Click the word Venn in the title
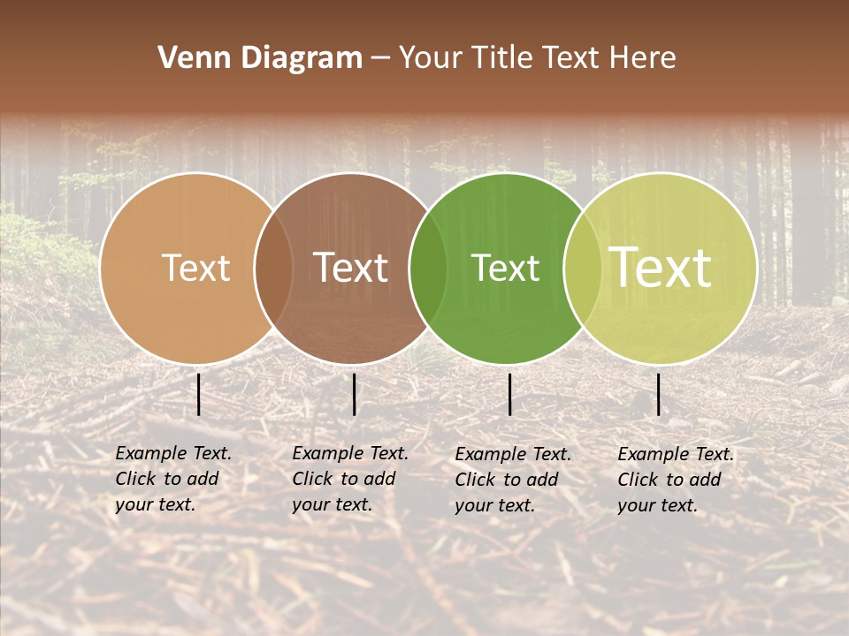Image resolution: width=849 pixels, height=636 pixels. pyautogui.click(x=188, y=58)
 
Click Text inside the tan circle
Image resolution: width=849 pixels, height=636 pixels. pyautogui.click(x=195, y=268)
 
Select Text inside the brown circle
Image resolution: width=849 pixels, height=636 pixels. pyautogui.click(x=351, y=268)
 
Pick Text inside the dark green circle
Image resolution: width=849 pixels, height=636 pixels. pyautogui.click(x=506, y=268)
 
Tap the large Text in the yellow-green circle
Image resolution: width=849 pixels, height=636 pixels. pyautogui.click(x=661, y=268)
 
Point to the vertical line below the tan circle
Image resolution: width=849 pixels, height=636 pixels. pyautogui.click(x=199, y=394)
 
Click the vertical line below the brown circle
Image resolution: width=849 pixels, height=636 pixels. pyautogui.click(x=355, y=394)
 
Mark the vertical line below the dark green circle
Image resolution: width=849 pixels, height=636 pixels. pyautogui.click(x=510, y=394)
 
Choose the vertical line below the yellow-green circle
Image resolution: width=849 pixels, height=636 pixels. pyautogui.click(x=659, y=394)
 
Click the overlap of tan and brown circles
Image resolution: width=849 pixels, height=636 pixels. pyautogui.click(x=273, y=268)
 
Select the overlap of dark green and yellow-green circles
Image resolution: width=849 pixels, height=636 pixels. pyautogui.click(x=582, y=268)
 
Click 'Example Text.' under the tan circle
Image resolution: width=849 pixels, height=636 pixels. pyautogui.click(x=173, y=453)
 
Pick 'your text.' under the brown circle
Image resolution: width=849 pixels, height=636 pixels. pyautogui.click(x=332, y=504)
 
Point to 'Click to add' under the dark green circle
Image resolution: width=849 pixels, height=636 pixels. pyautogui.click(x=507, y=480)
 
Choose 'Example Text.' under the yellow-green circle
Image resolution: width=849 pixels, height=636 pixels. pyautogui.click(x=676, y=454)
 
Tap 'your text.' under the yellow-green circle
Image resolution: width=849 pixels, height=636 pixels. pyautogui.click(x=657, y=505)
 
